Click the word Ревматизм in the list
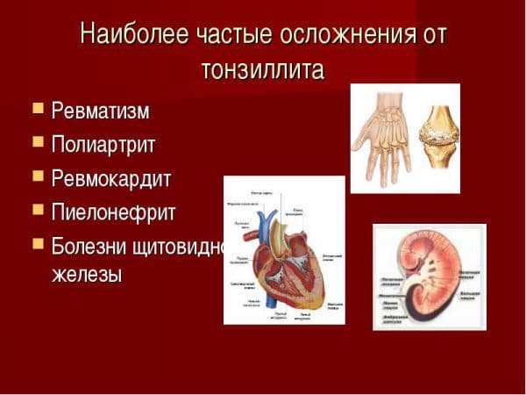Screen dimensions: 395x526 pos(101,111)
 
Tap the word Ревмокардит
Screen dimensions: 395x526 pos(111,177)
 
